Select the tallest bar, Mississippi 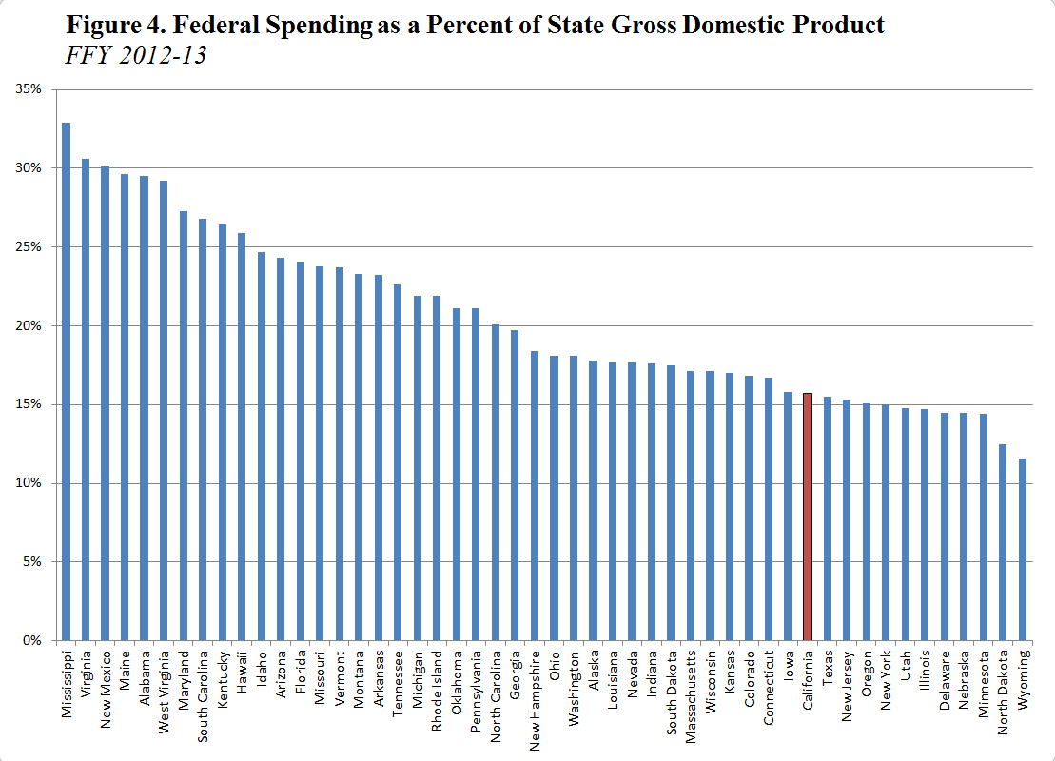[x=66, y=380]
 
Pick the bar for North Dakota [x=1003, y=542]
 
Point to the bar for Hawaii [x=241, y=437]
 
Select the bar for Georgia [x=515, y=485]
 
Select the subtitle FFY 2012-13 [x=136, y=55]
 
